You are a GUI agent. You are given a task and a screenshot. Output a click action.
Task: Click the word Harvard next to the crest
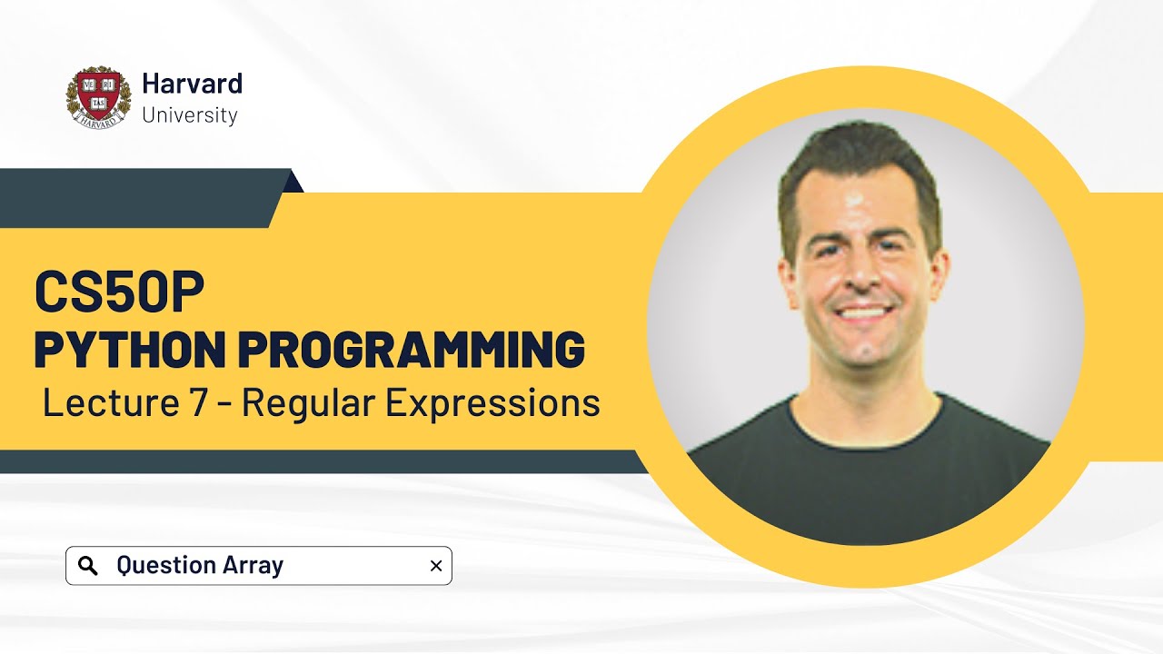coord(192,84)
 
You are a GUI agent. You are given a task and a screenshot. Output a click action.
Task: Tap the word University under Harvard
coord(190,115)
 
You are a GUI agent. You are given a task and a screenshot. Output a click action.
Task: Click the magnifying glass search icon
coord(88,566)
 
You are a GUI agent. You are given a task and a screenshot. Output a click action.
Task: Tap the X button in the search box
coord(435,566)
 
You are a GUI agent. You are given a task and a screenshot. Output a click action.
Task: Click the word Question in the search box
coord(166,566)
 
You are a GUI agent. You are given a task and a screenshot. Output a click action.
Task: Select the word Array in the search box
coord(254,565)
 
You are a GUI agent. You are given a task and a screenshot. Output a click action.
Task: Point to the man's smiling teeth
coord(862,312)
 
